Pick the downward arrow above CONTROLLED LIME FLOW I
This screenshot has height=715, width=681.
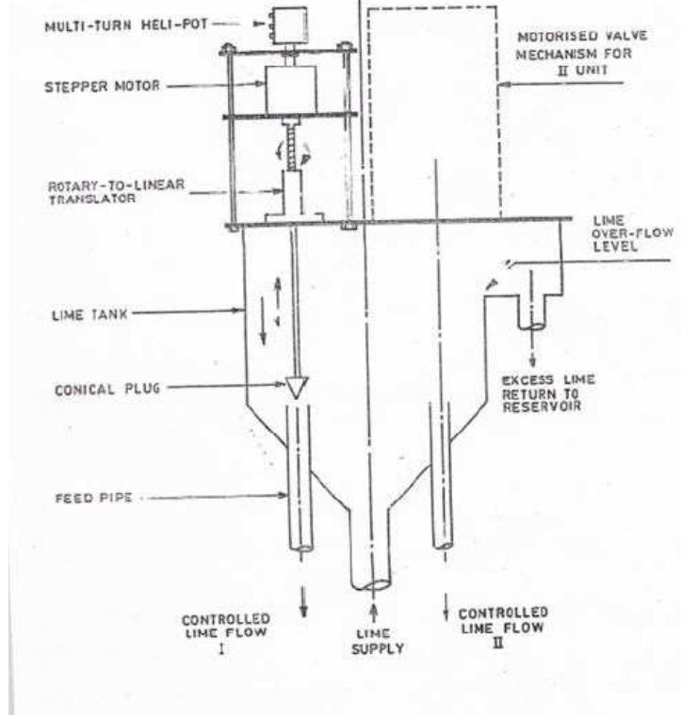click(x=303, y=606)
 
